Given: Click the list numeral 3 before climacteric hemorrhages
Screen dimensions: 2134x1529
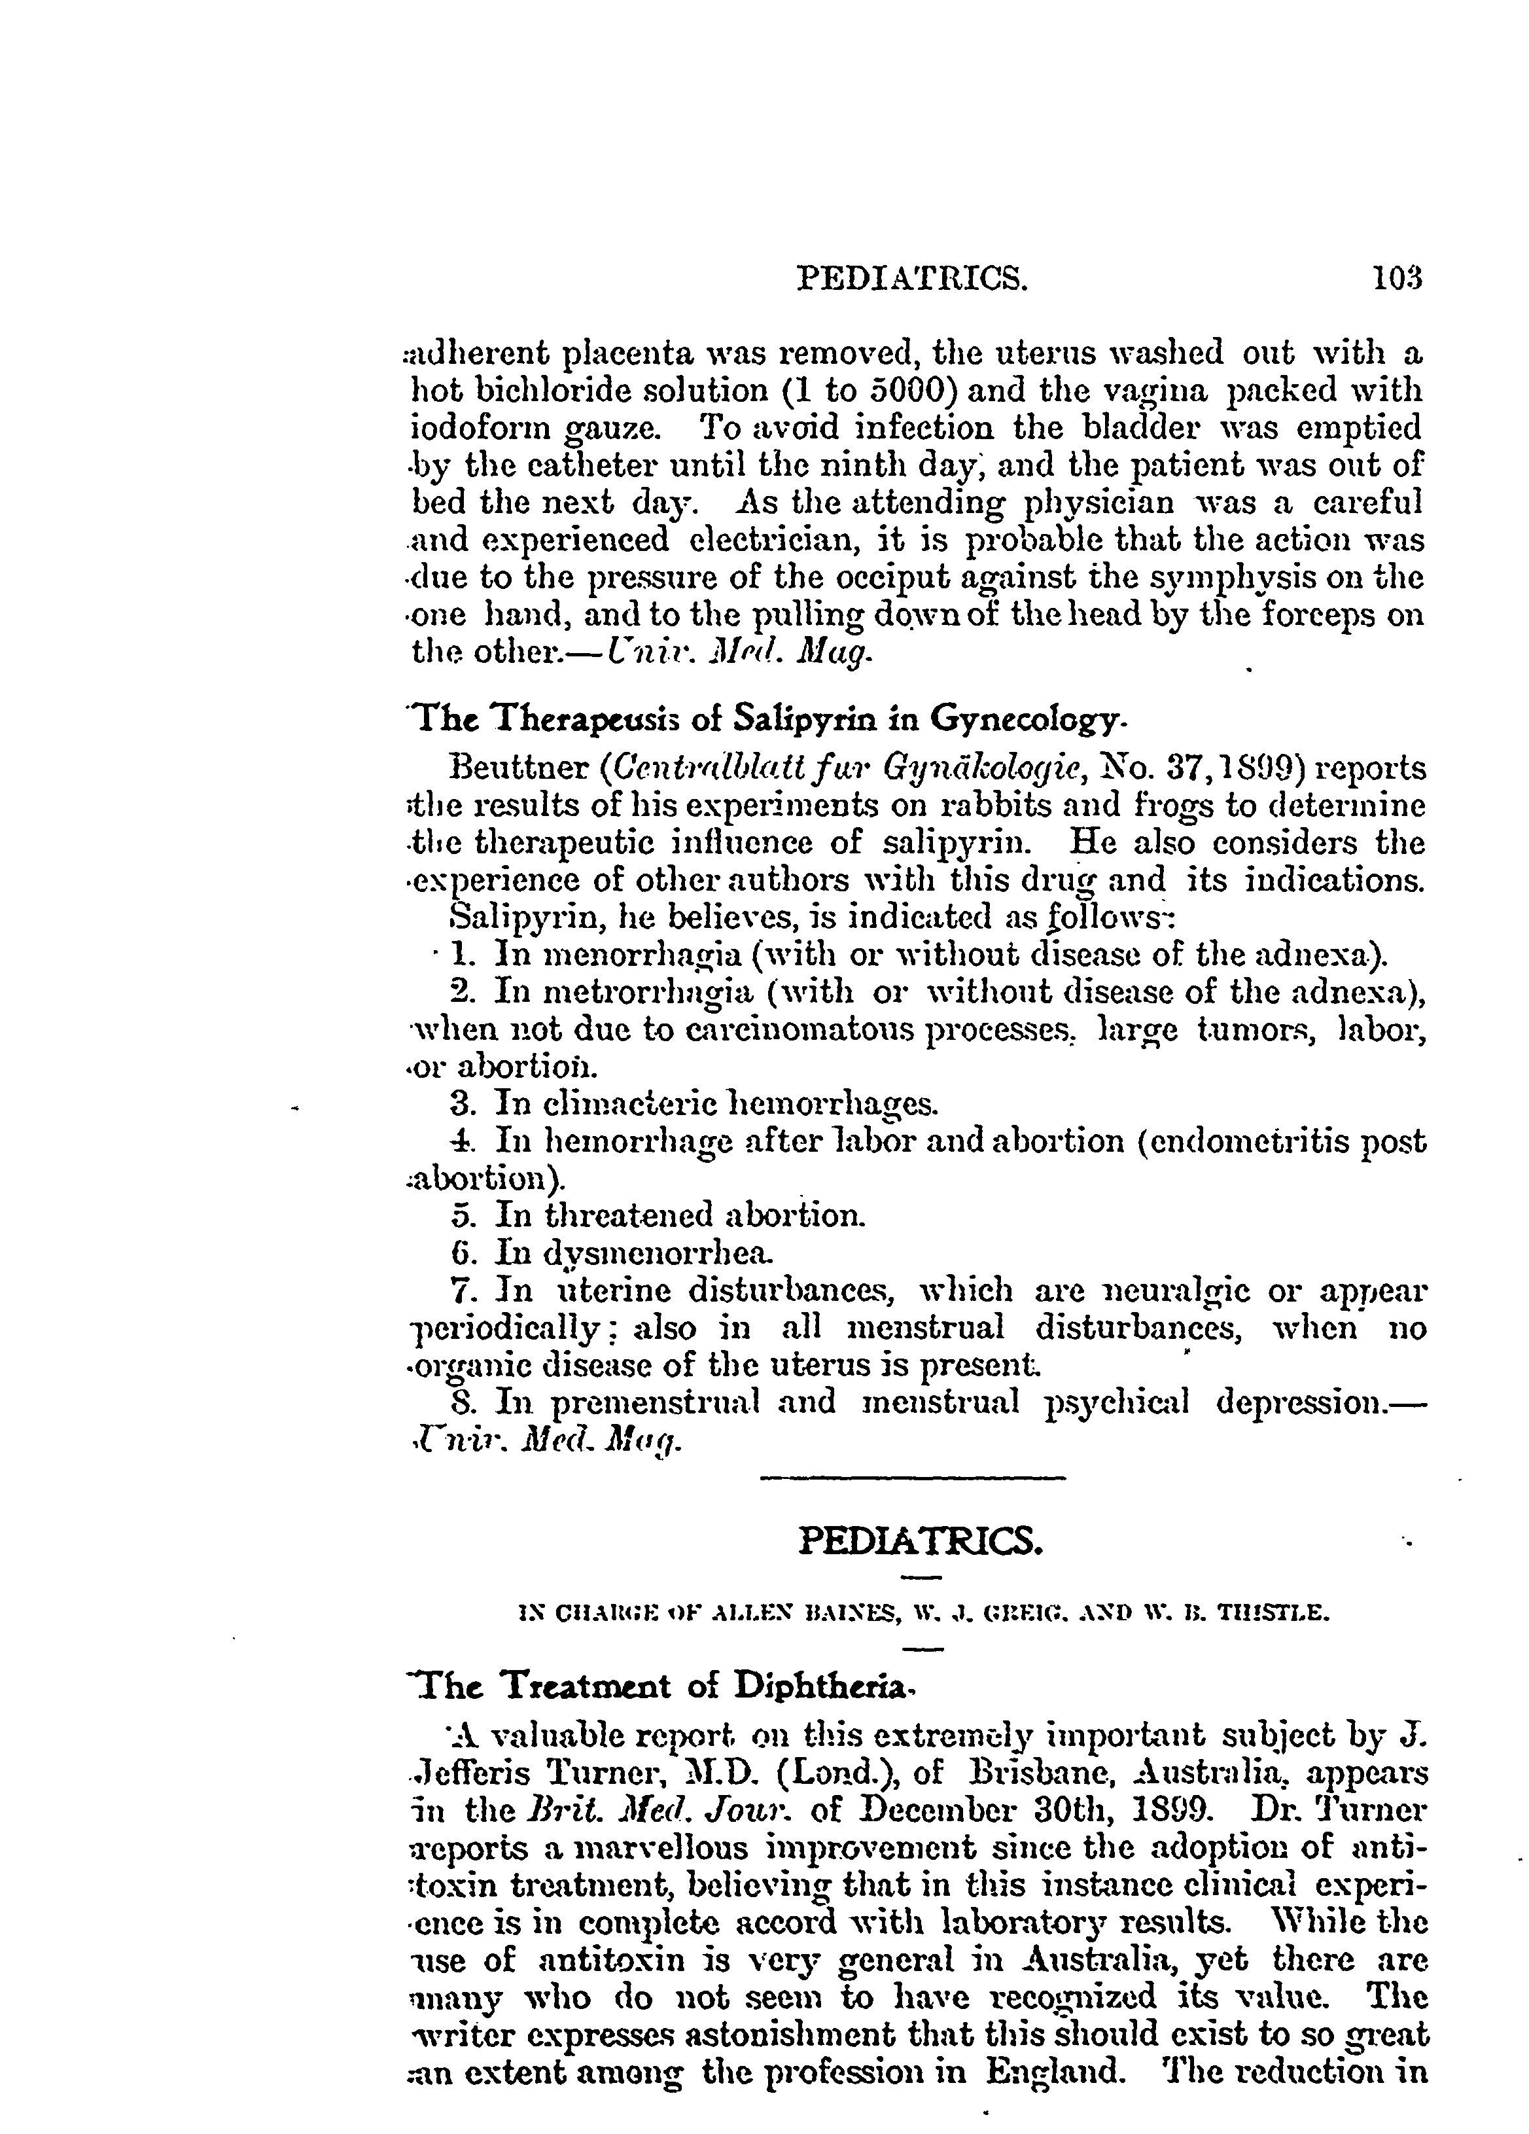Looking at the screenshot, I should (460, 1103).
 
